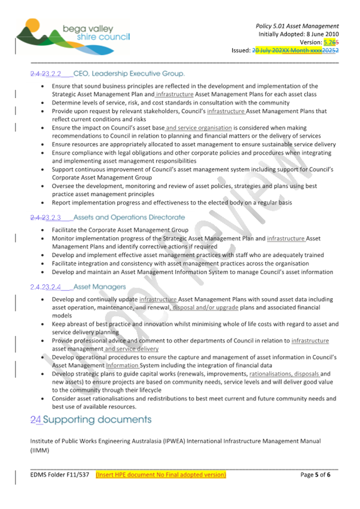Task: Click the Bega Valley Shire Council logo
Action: coord(72,35)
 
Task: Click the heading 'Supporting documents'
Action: coord(97,419)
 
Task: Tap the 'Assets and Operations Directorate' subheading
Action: coord(129,217)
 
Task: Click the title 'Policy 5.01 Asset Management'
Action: coord(297,26)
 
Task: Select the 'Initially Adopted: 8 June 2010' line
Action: coord(299,34)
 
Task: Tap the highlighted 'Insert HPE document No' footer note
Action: coord(161,474)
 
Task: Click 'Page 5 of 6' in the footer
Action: coord(316,474)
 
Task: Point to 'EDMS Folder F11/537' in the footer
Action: coord(59,474)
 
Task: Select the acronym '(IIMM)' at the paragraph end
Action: coord(39,450)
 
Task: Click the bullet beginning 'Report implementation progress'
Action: coord(171,203)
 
